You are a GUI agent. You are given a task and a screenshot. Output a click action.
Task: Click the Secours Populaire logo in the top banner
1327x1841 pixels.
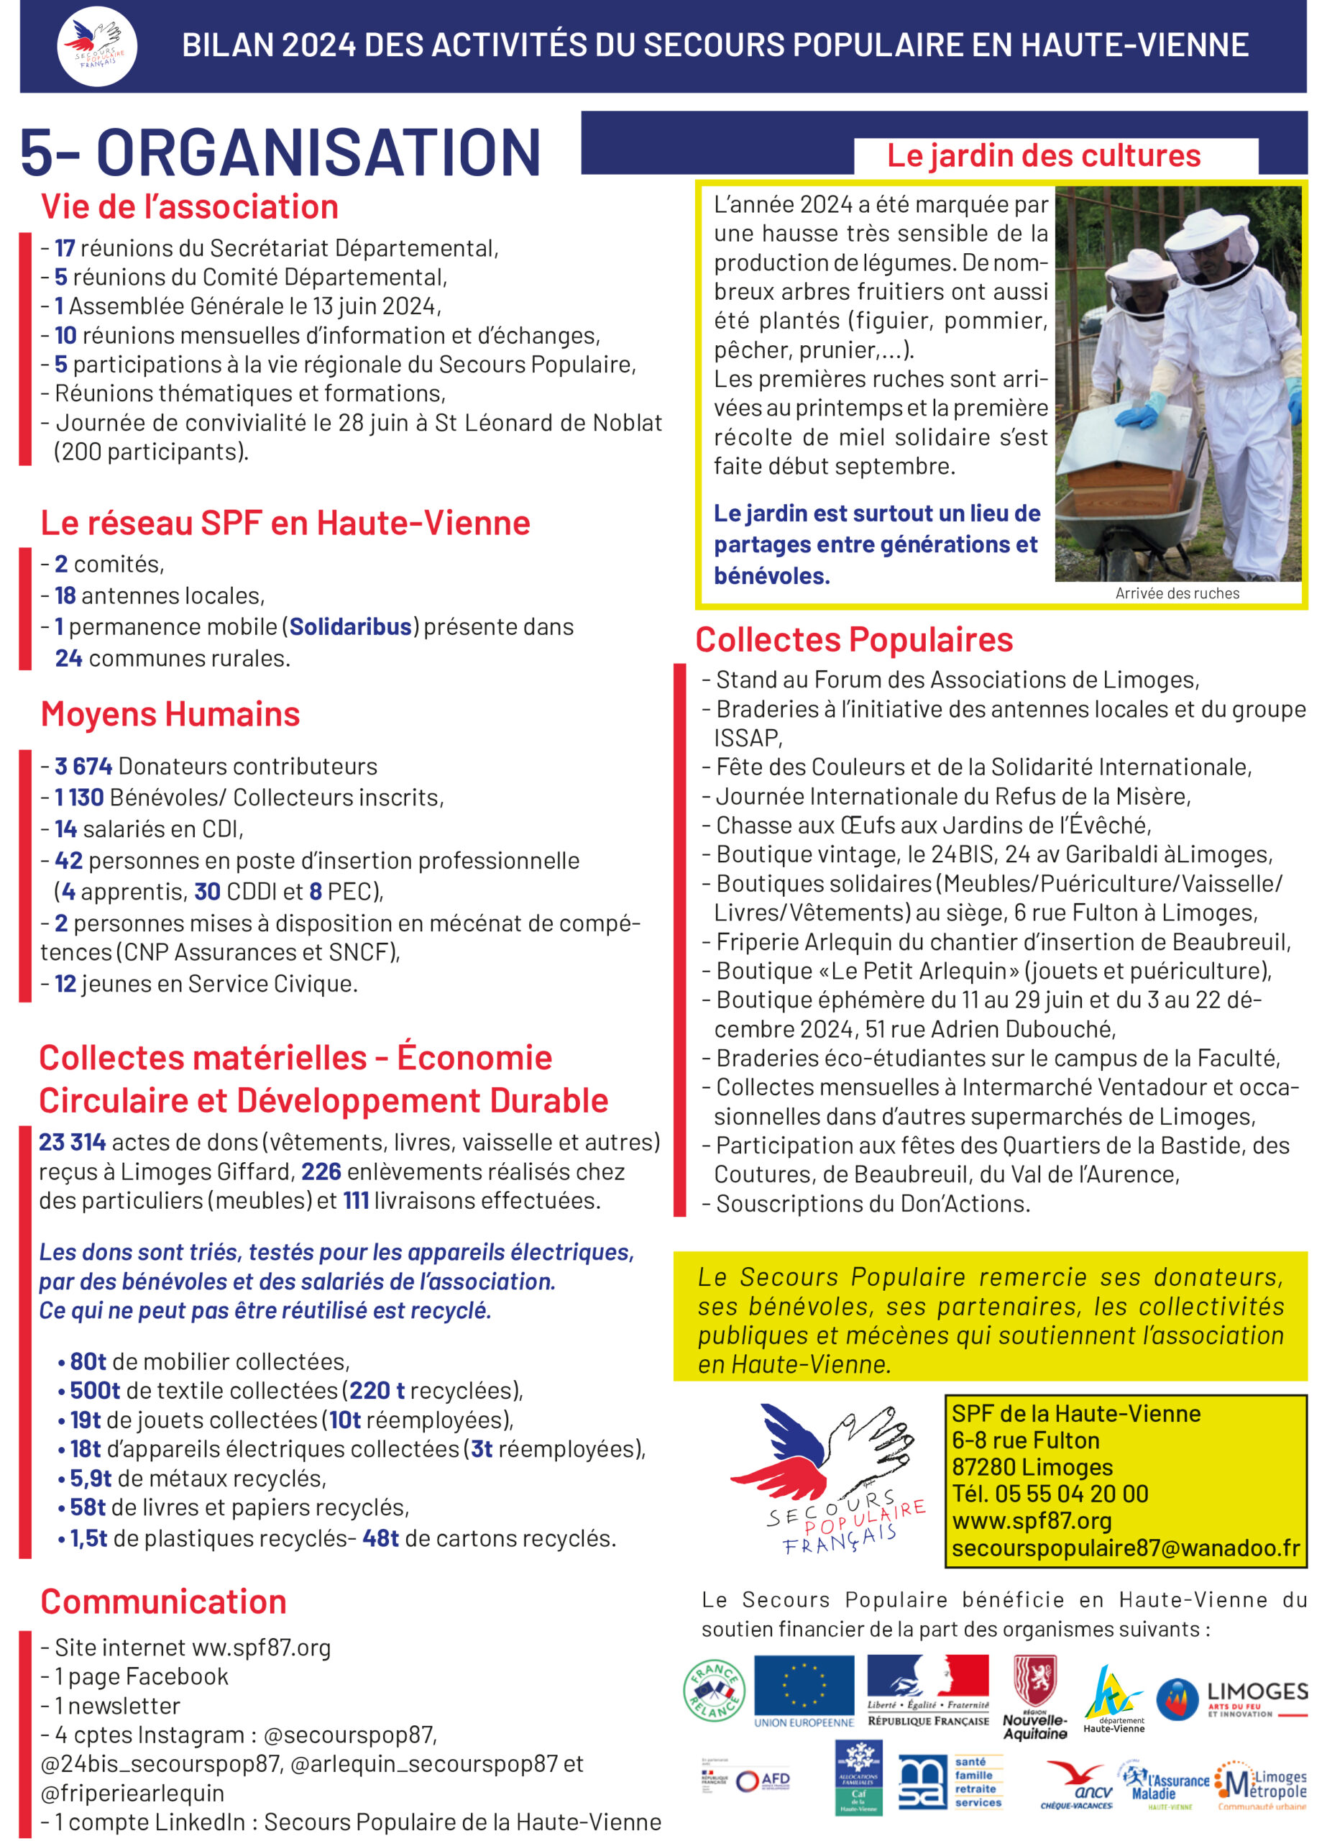tap(96, 45)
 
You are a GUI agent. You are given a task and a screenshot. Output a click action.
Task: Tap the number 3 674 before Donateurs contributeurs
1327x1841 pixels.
tap(83, 767)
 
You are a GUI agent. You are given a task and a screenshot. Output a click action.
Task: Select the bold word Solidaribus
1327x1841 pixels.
tap(351, 626)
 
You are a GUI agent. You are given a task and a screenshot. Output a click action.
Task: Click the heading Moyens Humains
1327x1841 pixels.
tap(170, 714)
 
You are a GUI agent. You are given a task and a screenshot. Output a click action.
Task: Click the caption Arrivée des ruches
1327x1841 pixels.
tap(1177, 593)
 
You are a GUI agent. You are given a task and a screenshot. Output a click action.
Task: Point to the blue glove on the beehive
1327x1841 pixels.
tap(1137, 416)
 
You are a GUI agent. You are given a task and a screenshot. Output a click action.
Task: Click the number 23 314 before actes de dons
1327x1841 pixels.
tap(72, 1142)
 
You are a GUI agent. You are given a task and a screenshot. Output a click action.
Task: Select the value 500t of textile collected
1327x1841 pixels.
tap(94, 1391)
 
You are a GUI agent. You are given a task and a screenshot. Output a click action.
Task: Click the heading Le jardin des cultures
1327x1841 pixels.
tap(1043, 156)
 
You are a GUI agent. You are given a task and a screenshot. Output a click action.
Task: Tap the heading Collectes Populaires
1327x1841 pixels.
tap(854, 639)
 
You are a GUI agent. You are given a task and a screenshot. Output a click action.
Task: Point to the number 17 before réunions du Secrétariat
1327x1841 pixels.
tap(65, 248)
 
